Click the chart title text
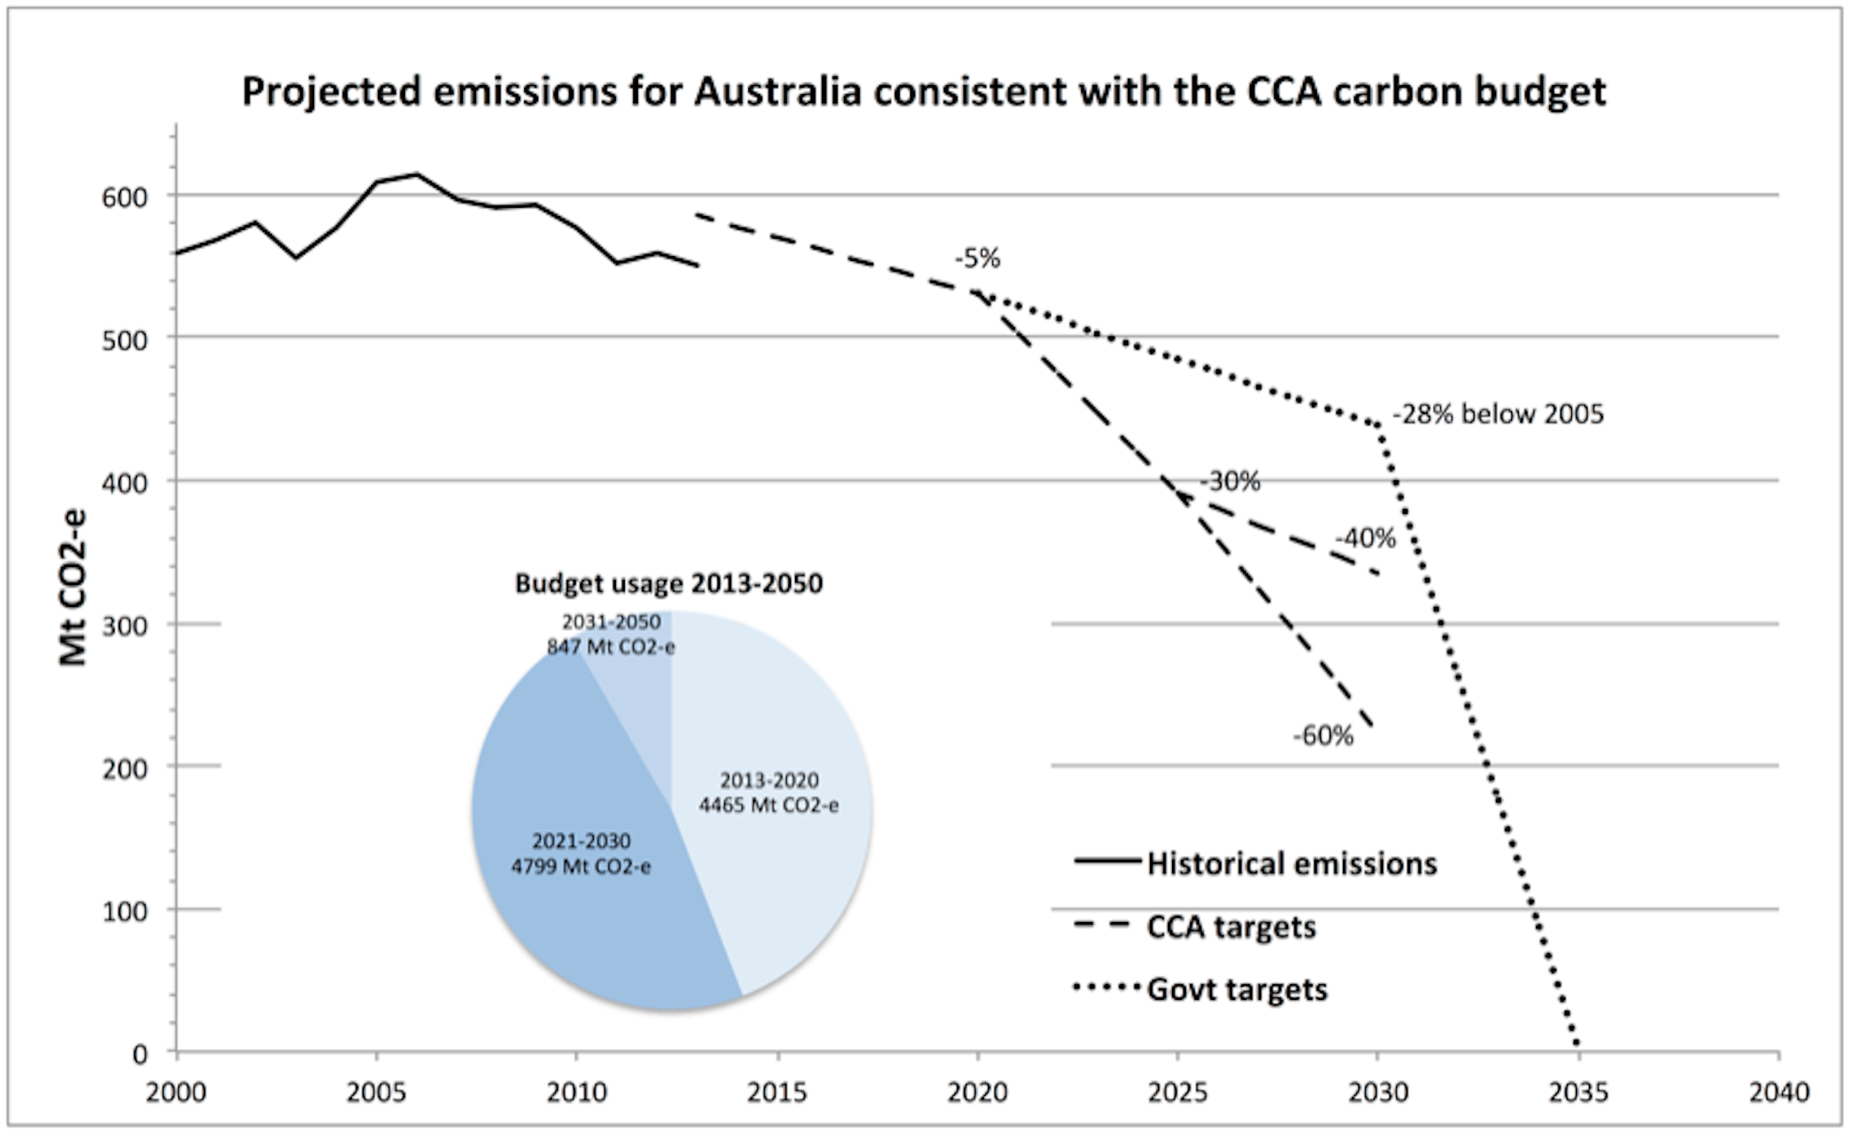[924, 91]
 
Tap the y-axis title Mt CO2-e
[74, 587]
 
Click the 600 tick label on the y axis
[124, 197]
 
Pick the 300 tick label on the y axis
[124, 626]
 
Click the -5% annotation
[977, 259]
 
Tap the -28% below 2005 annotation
[1498, 414]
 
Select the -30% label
[1229, 481]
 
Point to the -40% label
[1365, 538]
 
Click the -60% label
[1322, 736]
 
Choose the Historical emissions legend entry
[1291, 864]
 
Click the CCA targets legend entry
[1231, 927]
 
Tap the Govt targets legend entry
[1237, 989]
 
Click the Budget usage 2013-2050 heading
[668, 583]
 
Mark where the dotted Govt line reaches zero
[1578, 1047]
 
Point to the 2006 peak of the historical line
[416, 174]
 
